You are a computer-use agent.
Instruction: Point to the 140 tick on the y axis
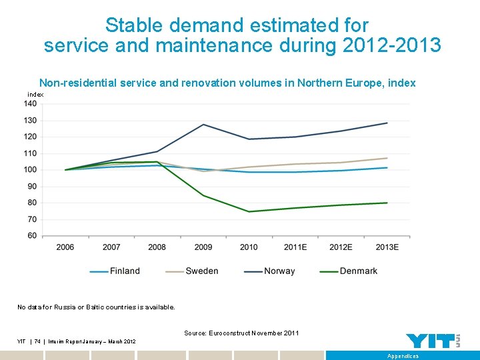[31, 103]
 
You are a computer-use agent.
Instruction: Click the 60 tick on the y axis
[33, 235]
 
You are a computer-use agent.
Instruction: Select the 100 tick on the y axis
[31, 169]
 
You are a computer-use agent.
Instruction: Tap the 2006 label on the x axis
[65, 247]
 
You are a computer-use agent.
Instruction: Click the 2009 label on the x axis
[203, 247]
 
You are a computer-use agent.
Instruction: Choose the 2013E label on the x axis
[387, 247]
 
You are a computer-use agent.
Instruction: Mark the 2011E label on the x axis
[295, 247]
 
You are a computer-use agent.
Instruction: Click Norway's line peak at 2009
[203, 125]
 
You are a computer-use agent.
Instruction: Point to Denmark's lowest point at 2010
[249, 211]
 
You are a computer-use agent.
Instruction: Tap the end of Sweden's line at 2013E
[387, 158]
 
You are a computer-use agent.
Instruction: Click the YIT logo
[433, 340]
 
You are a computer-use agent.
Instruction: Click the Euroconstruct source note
[241, 333]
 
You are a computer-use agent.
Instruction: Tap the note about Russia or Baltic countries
[96, 307]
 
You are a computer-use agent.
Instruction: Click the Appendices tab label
[403, 356]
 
